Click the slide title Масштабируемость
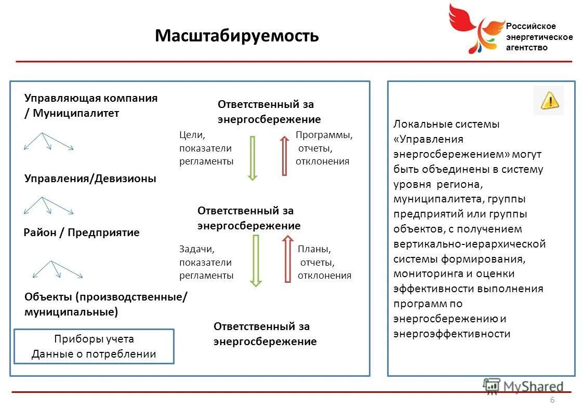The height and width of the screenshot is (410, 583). (x=236, y=36)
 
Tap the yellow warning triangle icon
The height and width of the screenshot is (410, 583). (x=549, y=100)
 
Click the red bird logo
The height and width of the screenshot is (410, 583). (x=474, y=28)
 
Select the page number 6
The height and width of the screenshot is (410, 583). (x=552, y=400)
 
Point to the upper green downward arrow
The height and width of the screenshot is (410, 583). (x=253, y=158)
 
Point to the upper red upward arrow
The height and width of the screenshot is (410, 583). (x=284, y=155)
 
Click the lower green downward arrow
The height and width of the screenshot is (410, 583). (x=255, y=260)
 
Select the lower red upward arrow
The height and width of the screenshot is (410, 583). (x=287, y=258)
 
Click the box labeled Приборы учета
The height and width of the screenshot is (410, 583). (x=94, y=347)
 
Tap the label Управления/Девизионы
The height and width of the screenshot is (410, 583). (x=90, y=179)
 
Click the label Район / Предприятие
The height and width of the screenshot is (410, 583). (x=82, y=233)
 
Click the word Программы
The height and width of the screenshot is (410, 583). (x=324, y=135)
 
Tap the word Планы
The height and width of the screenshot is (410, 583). (x=314, y=249)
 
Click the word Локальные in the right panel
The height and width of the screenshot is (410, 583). (x=422, y=124)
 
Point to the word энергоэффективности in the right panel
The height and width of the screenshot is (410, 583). (x=452, y=334)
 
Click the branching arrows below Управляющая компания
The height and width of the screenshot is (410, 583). (x=48, y=141)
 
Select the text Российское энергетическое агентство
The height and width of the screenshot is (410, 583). (x=539, y=37)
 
